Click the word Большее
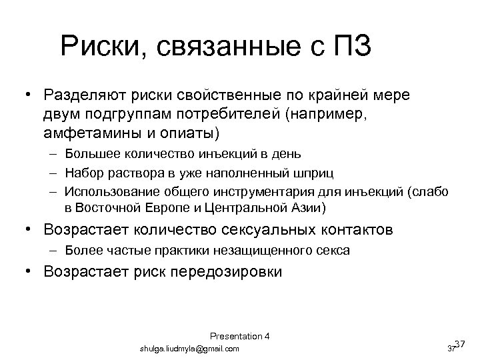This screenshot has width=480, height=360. (91, 154)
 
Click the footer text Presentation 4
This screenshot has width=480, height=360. (239, 335)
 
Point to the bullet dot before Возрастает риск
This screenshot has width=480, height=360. (30, 271)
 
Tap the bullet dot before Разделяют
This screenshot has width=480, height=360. (30, 95)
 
